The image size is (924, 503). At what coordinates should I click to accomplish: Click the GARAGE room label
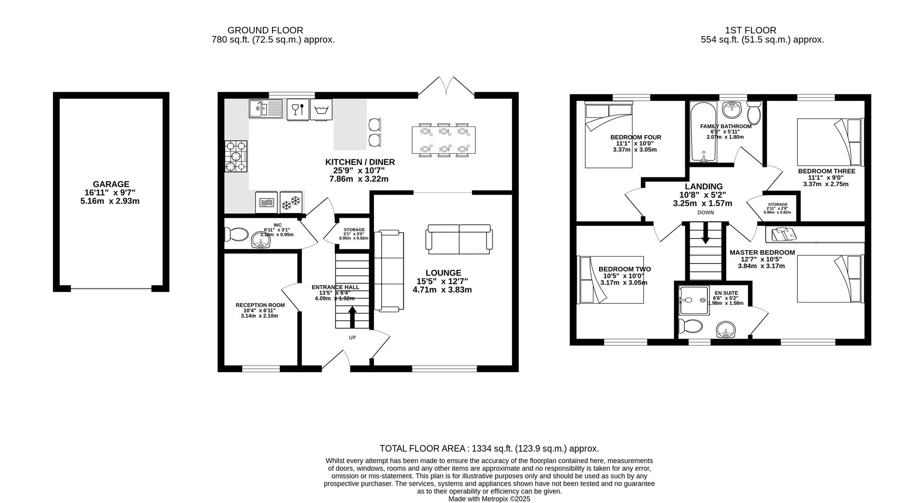[111, 184]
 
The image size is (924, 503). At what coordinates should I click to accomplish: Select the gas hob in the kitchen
[236, 156]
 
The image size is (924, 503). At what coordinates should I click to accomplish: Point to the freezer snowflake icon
[291, 201]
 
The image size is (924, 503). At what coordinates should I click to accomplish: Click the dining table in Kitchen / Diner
[444, 140]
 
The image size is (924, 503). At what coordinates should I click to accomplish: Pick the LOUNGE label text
[443, 273]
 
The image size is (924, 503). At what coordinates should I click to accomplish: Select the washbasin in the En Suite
[726, 330]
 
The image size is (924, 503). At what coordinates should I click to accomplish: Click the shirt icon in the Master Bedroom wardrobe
[783, 235]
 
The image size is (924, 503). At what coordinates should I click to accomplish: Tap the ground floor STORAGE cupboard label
[354, 230]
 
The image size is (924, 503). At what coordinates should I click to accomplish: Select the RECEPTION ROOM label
[260, 305]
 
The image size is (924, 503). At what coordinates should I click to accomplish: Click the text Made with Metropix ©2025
[489, 499]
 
